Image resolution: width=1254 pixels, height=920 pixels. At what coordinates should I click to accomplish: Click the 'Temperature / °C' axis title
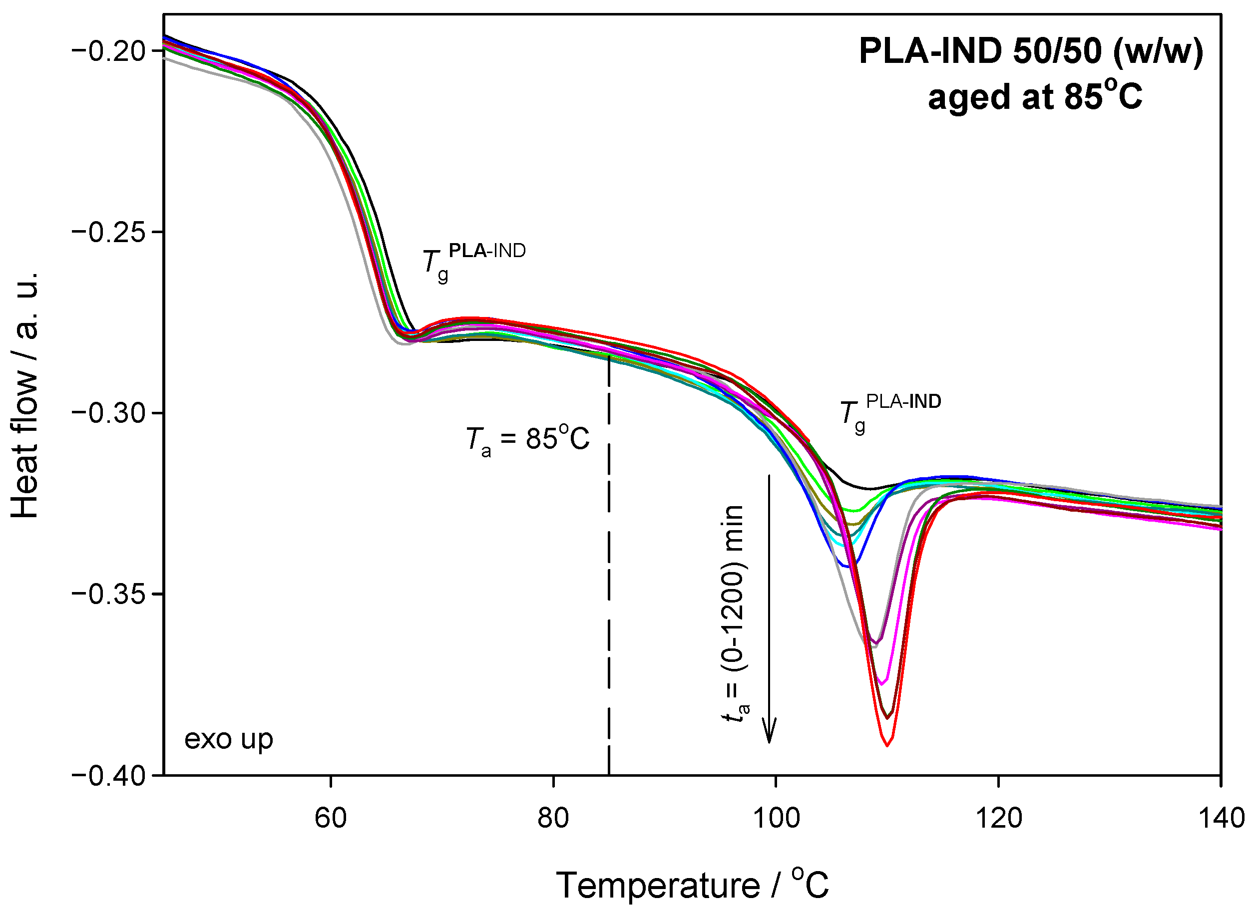(x=692, y=885)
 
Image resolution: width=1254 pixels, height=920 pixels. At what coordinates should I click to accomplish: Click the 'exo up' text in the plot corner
(x=228, y=739)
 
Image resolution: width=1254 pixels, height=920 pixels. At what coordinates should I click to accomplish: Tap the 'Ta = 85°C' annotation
(x=527, y=439)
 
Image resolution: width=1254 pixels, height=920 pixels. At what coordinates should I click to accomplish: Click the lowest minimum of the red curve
(x=887, y=745)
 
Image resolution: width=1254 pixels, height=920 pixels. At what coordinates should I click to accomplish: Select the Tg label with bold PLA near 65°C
(x=473, y=262)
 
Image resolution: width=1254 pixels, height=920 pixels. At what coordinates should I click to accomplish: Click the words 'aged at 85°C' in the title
(x=1034, y=96)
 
